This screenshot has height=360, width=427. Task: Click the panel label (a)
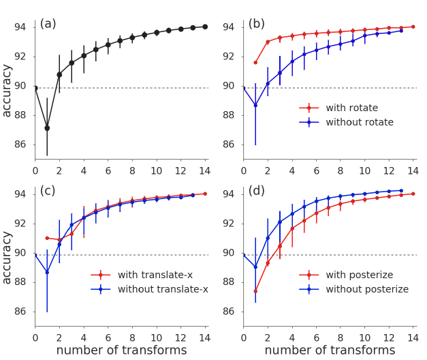(48, 24)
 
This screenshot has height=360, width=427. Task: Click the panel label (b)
(257, 24)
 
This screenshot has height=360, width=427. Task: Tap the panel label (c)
(48, 191)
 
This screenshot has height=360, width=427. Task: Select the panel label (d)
(257, 191)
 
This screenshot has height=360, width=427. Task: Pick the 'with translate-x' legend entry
(155, 275)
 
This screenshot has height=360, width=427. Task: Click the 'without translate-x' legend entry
(162, 289)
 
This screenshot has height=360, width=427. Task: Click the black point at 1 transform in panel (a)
(47, 127)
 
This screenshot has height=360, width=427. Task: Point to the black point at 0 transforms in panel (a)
(35, 88)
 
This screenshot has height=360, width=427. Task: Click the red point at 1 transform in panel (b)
(255, 62)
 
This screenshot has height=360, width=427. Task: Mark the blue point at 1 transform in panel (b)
(255, 105)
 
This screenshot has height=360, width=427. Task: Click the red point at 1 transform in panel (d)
(255, 291)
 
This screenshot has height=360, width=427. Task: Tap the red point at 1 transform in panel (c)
(47, 238)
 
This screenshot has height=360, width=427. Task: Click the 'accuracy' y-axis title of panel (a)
(7, 90)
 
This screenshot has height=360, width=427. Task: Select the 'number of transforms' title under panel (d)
(330, 350)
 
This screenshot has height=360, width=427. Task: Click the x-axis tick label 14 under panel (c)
(204, 337)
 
